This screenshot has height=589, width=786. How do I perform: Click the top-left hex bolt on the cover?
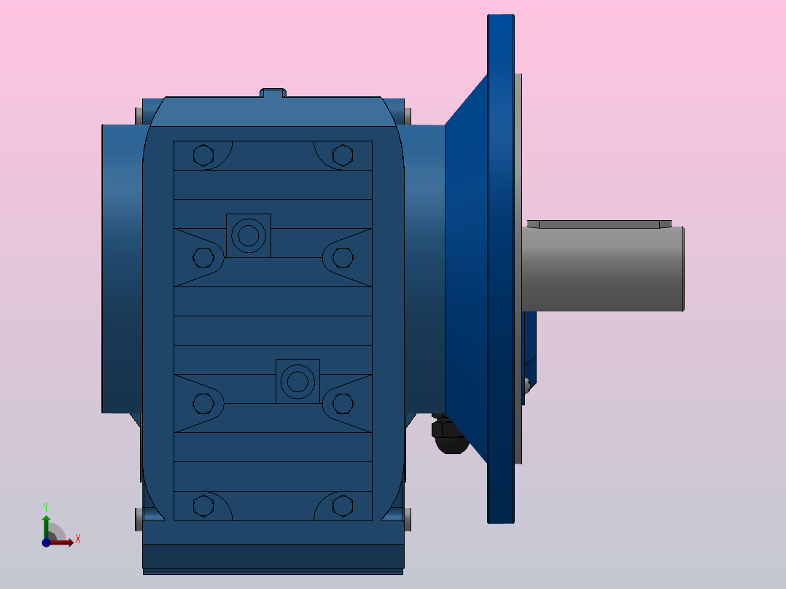coord(203,155)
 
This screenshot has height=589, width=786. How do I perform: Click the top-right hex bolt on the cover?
coord(342,155)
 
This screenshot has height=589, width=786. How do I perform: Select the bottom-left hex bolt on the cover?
coord(203,505)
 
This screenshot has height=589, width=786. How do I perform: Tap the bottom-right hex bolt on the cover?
coord(342,505)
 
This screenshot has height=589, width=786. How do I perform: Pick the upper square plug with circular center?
coord(248,235)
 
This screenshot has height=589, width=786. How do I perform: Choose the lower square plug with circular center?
coord(297,381)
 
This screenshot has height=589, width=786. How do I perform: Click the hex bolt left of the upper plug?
coord(203,257)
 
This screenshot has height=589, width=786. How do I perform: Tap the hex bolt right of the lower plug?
coord(342,402)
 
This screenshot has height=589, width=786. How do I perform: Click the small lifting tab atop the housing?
coord(273,93)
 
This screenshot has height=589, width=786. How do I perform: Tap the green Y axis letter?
coord(46,506)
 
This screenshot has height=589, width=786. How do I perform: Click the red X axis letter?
coord(77,539)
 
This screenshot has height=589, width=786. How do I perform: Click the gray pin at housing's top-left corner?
coord(139,115)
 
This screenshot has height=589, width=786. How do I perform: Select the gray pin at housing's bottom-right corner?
coord(407,519)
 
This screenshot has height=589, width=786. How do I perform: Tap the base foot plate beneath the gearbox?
coord(273,558)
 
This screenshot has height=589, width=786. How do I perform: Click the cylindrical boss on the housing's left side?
coord(121,268)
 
